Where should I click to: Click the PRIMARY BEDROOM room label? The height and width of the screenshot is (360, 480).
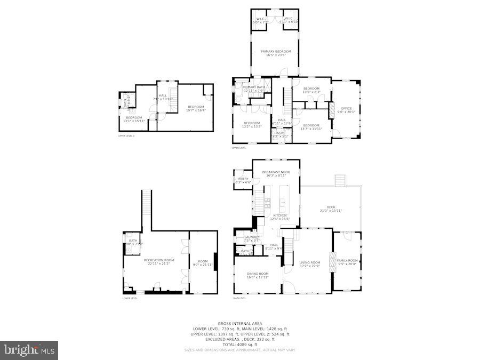tap(276, 52)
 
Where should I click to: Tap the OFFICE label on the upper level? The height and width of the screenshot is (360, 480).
tap(346, 109)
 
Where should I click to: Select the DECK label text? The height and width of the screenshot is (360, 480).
tap(331, 207)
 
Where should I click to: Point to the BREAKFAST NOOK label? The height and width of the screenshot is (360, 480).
tap(276, 172)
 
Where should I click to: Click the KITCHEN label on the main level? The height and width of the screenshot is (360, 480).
tap(280, 215)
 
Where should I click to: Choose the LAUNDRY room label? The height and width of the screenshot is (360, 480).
tap(252, 237)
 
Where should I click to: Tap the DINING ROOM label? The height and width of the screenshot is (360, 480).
tap(258, 274)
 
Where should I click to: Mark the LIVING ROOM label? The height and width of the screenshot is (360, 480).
tap(309, 262)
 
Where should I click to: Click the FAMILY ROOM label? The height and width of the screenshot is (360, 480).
tap(347, 261)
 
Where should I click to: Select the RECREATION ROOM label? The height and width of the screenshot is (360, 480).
tap(159, 260)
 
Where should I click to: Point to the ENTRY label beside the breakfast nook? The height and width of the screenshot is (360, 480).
tap(243, 179)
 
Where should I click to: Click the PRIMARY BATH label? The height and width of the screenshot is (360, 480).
tap(253, 87)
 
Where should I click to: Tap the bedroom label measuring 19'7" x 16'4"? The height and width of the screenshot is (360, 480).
tap(195, 107)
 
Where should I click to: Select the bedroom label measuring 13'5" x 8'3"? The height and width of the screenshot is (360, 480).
tap(311, 89)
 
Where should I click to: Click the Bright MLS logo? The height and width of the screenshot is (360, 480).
tap(30, 350)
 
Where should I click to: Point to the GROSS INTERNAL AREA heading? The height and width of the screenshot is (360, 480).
tap(239, 323)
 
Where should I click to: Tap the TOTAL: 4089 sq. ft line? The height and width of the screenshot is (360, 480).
tap(239, 344)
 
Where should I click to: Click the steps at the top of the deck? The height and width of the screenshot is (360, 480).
tap(340, 180)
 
